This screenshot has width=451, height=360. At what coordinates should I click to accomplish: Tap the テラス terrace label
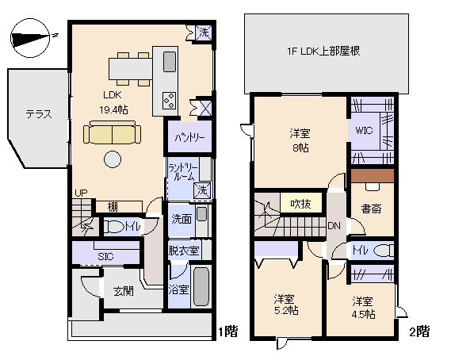click(37, 113)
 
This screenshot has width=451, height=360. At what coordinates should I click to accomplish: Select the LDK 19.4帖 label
click(110, 102)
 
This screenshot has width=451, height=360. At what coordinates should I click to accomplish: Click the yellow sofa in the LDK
click(112, 133)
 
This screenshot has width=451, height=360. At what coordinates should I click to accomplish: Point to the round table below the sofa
click(112, 159)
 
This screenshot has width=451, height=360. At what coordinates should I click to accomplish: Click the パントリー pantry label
click(189, 136)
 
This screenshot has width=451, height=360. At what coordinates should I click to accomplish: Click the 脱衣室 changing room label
click(184, 251)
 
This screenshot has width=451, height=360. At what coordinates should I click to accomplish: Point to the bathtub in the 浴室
click(201, 289)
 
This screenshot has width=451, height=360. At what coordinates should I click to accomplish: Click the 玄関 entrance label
click(123, 289)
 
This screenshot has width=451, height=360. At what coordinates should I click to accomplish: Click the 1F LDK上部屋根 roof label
click(324, 52)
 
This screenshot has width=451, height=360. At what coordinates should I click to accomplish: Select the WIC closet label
click(365, 130)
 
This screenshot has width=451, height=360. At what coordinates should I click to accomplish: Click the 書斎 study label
click(372, 209)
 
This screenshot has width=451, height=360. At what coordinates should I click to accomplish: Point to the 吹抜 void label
click(300, 204)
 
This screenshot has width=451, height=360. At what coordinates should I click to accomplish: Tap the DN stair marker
click(335, 224)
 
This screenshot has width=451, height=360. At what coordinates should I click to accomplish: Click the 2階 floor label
click(419, 331)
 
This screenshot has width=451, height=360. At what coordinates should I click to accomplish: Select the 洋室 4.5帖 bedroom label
click(363, 307)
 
